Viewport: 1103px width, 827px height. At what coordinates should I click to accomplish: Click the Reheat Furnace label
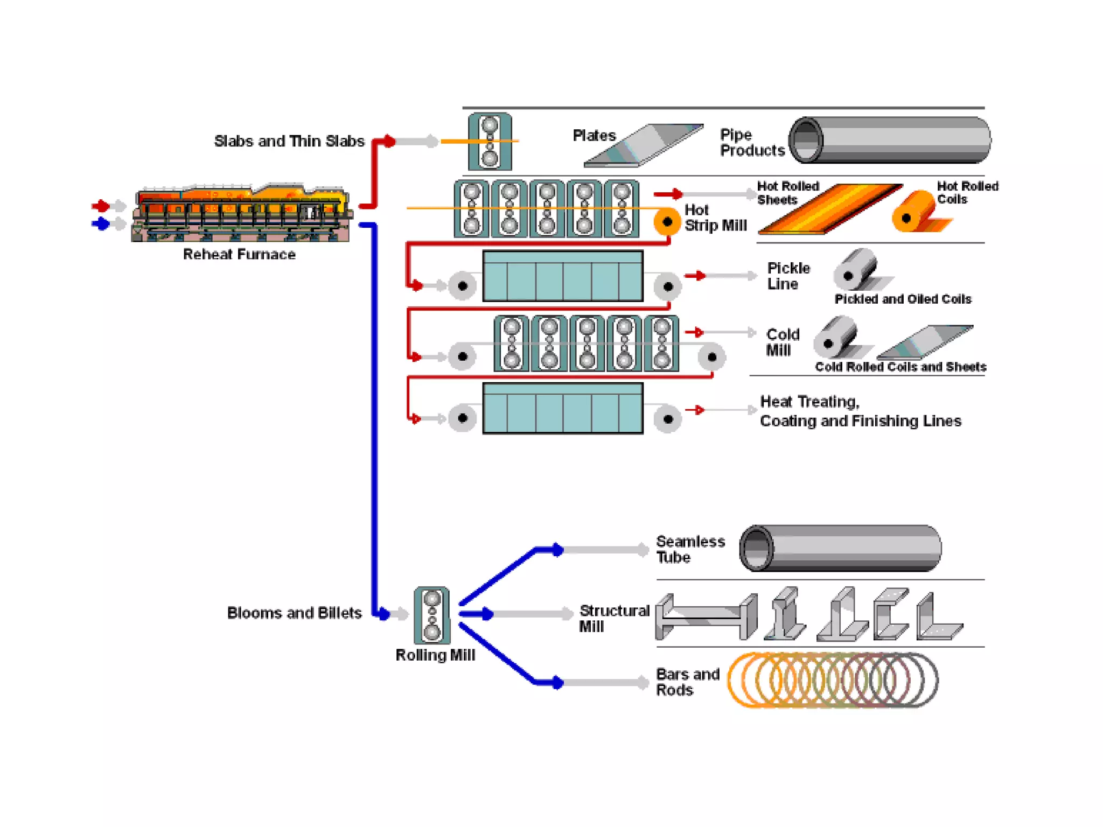[x=239, y=254]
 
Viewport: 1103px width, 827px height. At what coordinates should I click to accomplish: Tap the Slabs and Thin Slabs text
[x=289, y=141]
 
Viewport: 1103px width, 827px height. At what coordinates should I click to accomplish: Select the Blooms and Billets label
[x=294, y=613]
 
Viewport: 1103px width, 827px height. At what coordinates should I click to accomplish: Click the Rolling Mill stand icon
[x=432, y=615]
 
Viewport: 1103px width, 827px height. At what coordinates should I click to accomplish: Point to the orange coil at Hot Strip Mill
[x=667, y=221]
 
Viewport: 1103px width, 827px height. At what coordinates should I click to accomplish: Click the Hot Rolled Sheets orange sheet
[x=829, y=209]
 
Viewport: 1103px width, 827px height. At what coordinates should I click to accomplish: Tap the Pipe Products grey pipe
[x=889, y=140]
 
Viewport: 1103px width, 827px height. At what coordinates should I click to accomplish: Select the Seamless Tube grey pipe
[x=840, y=548]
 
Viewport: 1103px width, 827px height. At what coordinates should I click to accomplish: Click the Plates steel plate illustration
[x=644, y=145]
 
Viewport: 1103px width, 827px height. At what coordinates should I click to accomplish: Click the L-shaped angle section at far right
[x=937, y=619]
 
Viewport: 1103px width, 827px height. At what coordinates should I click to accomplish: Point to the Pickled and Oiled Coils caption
[x=903, y=299]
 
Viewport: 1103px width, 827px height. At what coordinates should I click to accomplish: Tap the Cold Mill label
[x=782, y=342]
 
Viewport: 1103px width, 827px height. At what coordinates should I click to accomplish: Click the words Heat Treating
[x=809, y=402]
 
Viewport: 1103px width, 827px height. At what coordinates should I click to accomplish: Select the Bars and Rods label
[x=687, y=682]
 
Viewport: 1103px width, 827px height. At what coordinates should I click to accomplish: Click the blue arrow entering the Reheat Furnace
[x=101, y=223]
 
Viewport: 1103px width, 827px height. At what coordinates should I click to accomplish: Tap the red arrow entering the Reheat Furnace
[x=101, y=205]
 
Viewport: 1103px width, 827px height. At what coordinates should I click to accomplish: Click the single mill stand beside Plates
[x=490, y=141]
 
